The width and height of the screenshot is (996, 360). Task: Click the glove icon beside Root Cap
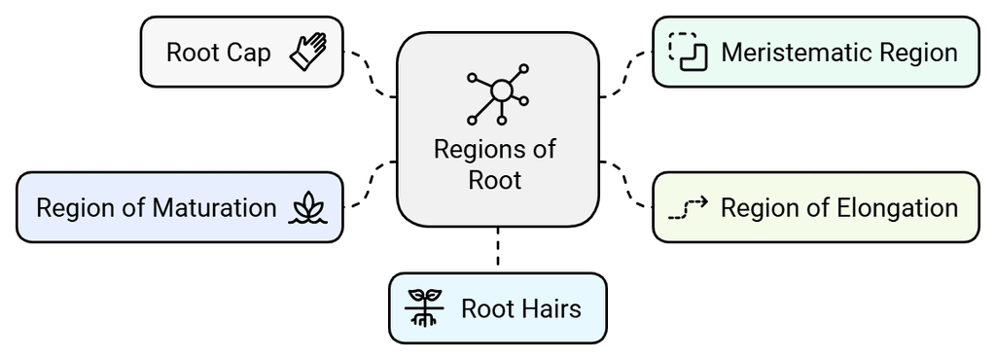click(x=309, y=52)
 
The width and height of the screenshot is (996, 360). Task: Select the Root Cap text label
click(x=218, y=53)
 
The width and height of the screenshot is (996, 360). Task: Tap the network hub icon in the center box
click(x=498, y=94)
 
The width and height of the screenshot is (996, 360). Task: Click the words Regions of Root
click(x=495, y=164)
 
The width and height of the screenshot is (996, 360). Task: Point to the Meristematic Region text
click(x=838, y=53)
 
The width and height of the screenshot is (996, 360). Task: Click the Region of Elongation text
click(x=838, y=207)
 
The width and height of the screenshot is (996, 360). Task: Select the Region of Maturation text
click(x=156, y=207)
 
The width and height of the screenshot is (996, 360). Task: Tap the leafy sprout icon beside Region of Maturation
click(x=309, y=207)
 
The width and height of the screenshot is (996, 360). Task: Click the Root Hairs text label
click(x=520, y=308)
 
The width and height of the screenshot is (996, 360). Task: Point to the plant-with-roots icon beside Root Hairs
click(x=424, y=308)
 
